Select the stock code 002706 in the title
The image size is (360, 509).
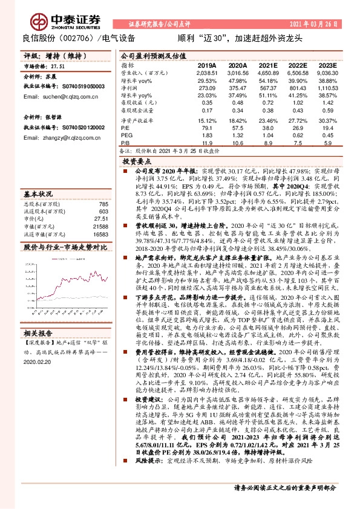74,38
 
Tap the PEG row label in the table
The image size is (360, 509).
126,136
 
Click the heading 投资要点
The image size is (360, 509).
136,162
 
